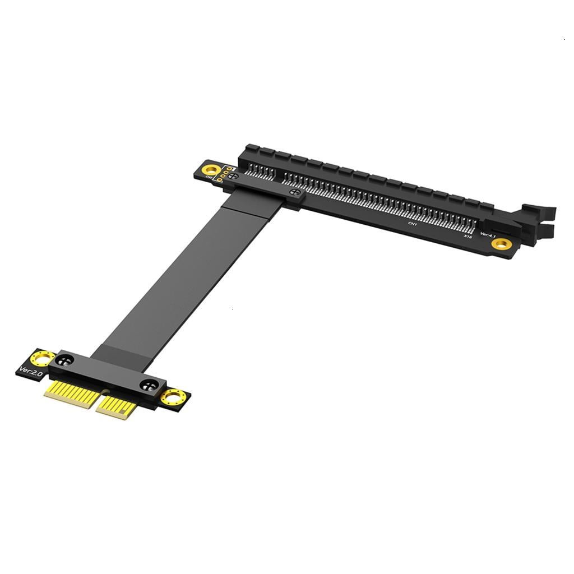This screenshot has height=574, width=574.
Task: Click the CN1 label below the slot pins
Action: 413,224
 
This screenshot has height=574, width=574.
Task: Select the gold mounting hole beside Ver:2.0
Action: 43,357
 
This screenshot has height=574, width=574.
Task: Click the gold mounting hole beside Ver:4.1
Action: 501,243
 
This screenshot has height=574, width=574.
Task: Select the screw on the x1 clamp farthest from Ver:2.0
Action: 149,385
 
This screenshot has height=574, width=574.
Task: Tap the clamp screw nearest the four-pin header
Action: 234,177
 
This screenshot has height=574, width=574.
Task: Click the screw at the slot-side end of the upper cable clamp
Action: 293,192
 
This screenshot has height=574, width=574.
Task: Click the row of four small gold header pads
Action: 224,174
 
